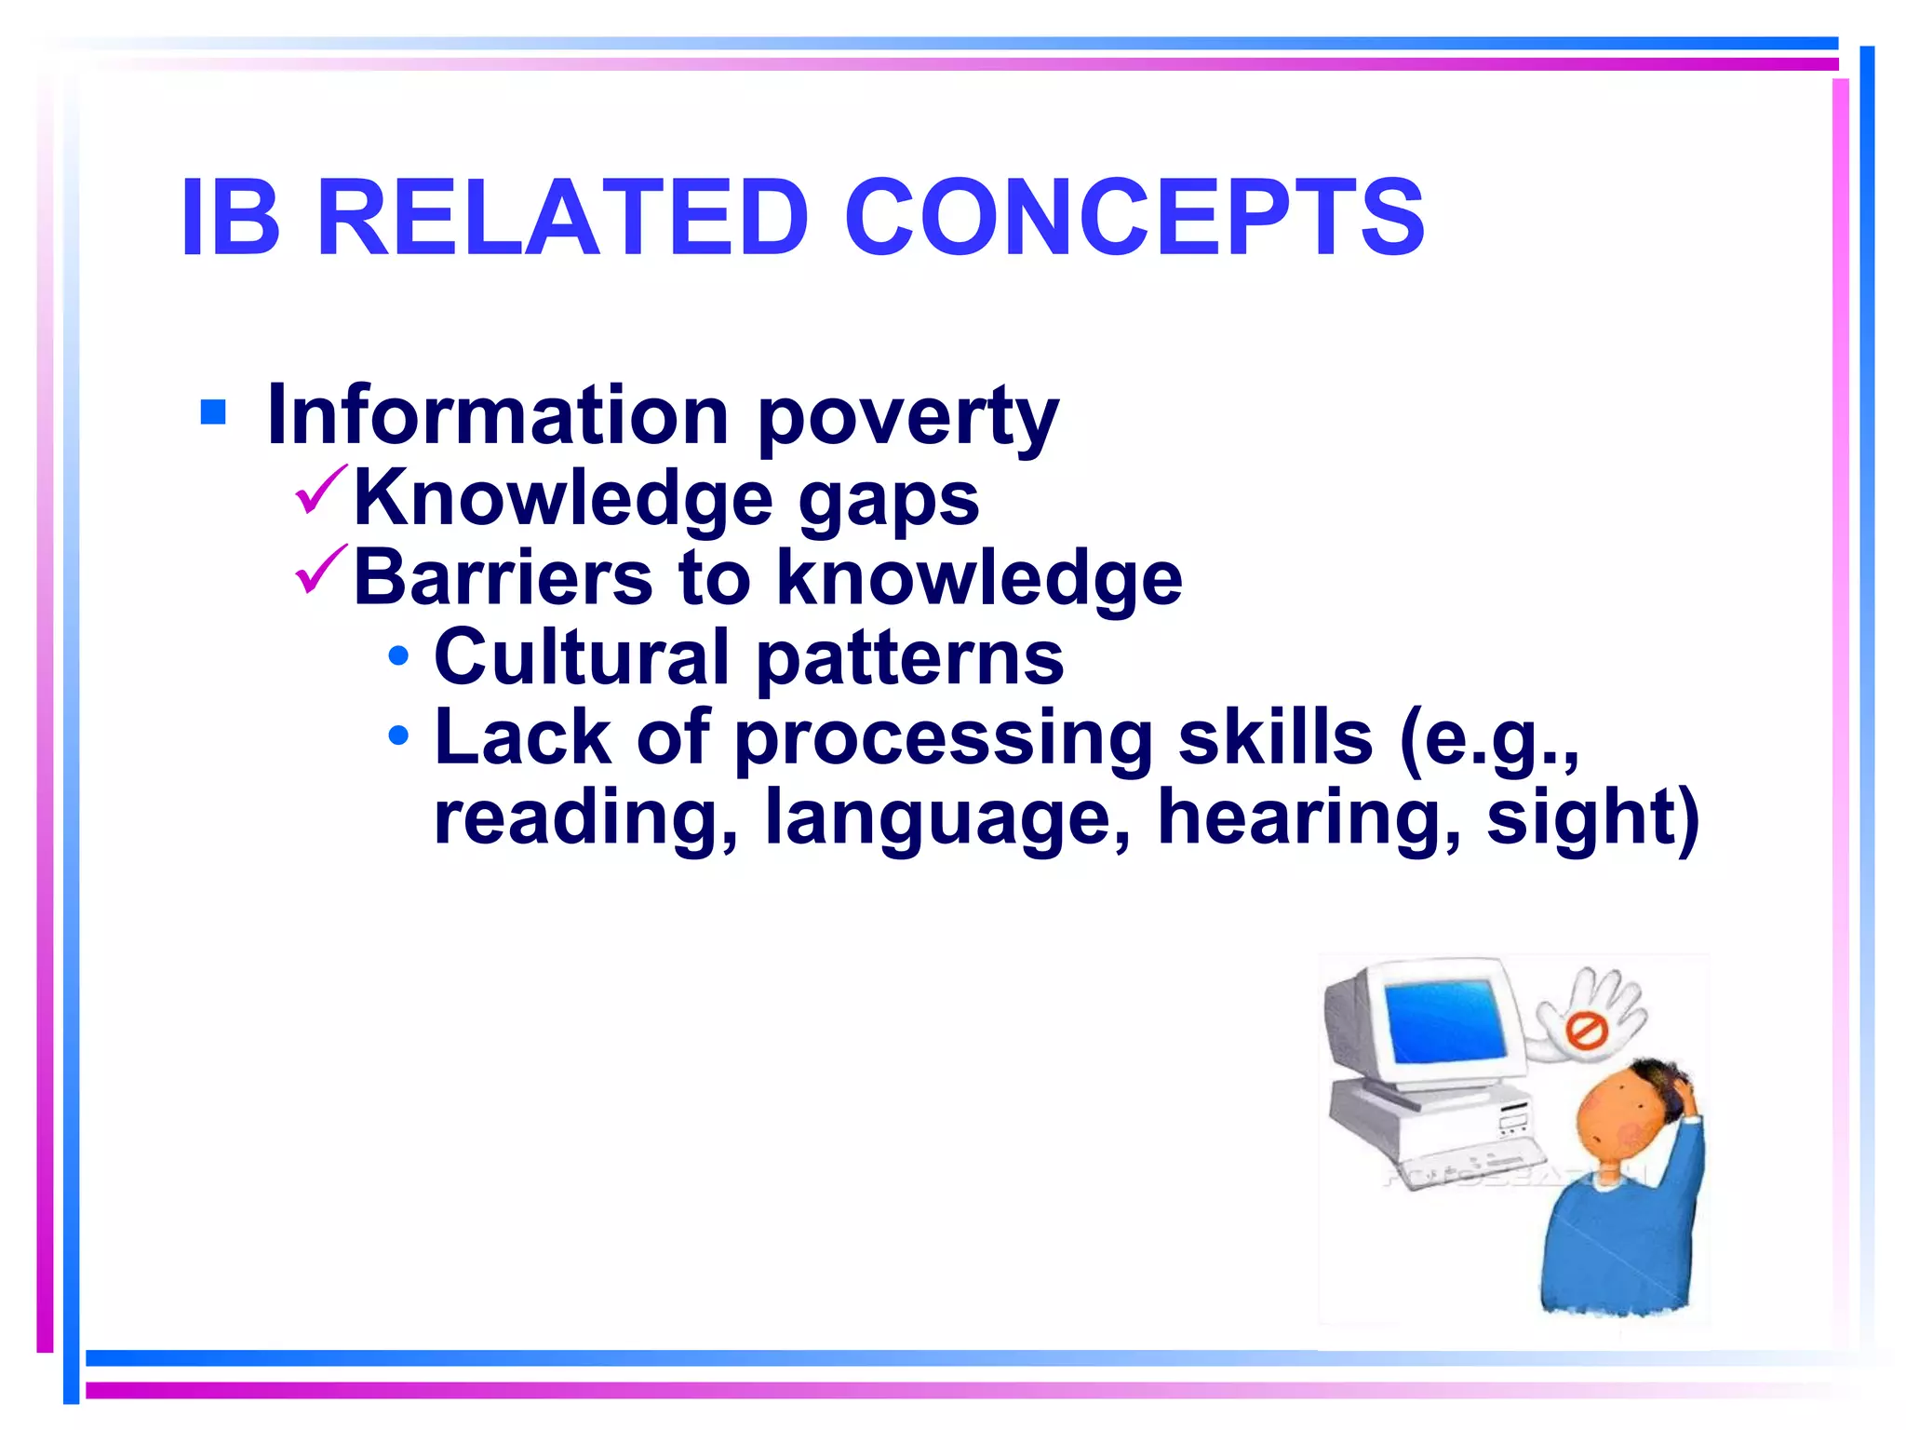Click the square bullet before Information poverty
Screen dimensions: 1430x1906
pyautogui.click(x=213, y=411)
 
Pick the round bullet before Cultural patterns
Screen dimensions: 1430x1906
pyautogui.click(x=398, y=656)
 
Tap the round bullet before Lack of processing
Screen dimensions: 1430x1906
pyautogui.click(x=398, y=735)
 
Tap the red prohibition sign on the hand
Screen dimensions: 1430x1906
pyautogui.click(x=1583, y=1031)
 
